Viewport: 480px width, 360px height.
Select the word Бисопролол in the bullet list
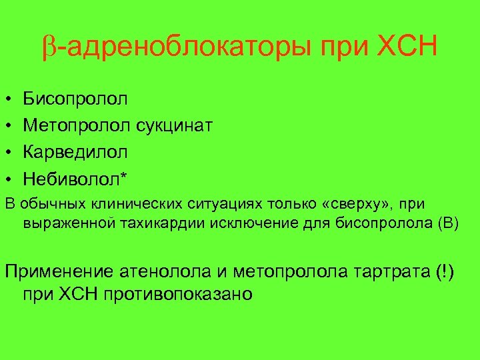pyautogui.click(x=76, y=100)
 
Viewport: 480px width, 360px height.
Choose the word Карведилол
pyautogui.click(x=75, y=152)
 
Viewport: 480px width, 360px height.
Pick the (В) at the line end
pyautogui.click(x=449, y=223)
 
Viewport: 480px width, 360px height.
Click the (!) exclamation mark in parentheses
pyautogui.click(x=443, y=272)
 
